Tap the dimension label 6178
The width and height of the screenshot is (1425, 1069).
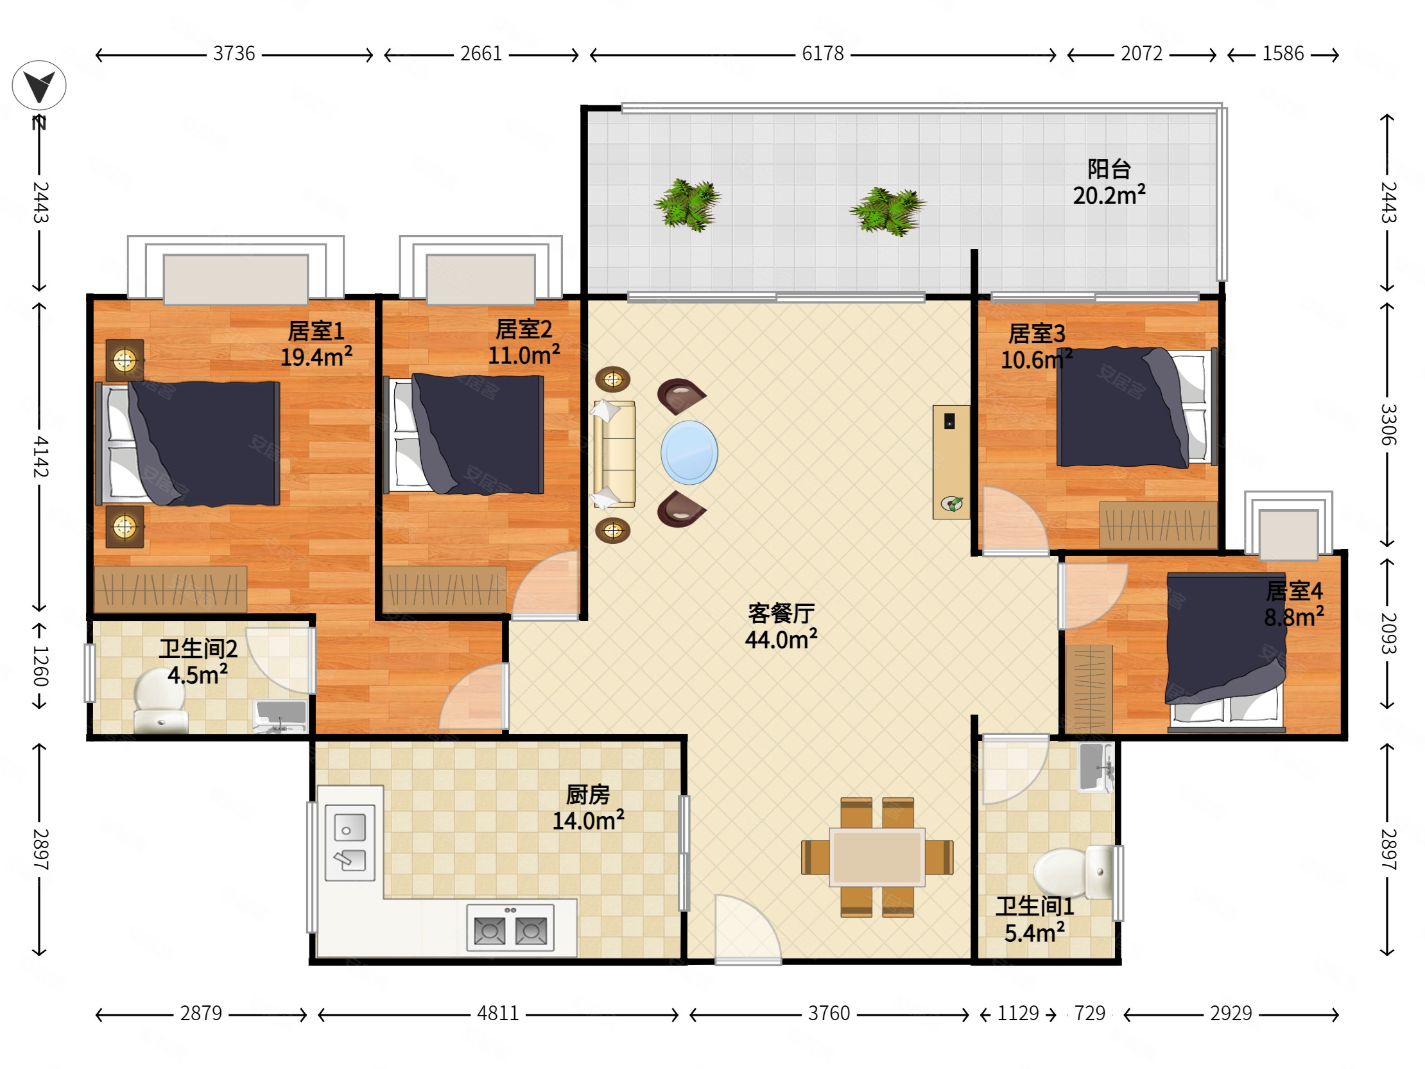pyautogui.click(x=823, y=53)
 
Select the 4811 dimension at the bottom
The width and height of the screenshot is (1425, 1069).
pyautogui.click(x=497, y=1014)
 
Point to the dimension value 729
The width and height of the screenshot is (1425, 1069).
pyautogui.click(x=1089, y=1014)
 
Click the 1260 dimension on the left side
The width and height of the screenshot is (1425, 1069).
pyautogui.click(x=40, y=666)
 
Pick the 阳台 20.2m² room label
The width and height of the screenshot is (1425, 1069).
pyautogui.click(x=1109, y=182)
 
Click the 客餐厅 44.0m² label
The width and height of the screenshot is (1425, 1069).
pyautogui.click(x=781, y=627)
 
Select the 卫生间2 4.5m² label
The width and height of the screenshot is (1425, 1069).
pyautogui.click(x=198, y=662)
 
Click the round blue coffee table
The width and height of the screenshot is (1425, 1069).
pyautogui.click(x=689, y=453)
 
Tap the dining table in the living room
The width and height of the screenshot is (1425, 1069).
pyautogui.click(x=877, y=857)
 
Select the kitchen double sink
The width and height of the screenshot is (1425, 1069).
pyautogui.click(x=350, y=843)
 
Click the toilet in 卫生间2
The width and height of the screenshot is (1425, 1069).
pyautogui.click(x=160, y=701)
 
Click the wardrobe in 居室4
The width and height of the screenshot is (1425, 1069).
pyautogui.click(x=1089, y=688)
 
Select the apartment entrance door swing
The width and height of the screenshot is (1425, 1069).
pyautogui.click(x=748, y=928)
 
